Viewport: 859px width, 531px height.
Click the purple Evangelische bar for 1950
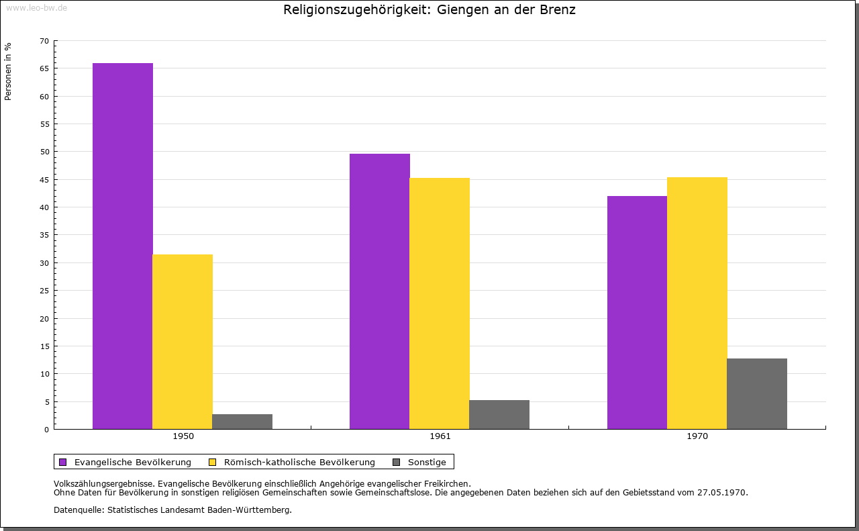pyautogui.click(x=123, y=246)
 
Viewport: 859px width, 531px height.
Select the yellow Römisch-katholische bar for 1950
pyautogui.click(x=183, y=341)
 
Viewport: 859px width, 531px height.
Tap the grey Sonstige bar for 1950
pyautogui.click(x=242, y=422)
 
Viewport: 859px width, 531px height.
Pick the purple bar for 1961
pyautogui.click(x=380, y=291)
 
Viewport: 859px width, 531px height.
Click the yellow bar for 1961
pyautogui.click(x=440, y=303)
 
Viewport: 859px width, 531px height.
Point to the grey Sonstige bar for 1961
pyautogui.click(x=499, y=414)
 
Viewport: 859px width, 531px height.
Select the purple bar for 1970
pyautogui.click(x=637, y=312)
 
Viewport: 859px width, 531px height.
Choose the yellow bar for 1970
pyautogui.click(x=697, y=303)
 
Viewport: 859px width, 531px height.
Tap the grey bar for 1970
pyautogui.click(x=757, y=393)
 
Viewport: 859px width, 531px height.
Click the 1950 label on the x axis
pyautogui.click(x=183, y=436)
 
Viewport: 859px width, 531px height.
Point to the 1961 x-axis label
pyautogui.click(x=440, y=436)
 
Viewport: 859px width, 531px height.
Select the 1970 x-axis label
pyautogui.click(x=697, y=436)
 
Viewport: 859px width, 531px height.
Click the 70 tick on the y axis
pyautogui.click(x=44, y=41)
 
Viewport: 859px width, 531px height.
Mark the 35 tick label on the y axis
pyautogui.click(x=44, y=235)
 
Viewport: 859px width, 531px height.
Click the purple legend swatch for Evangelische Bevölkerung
pyautogui.click(x=63, y=462)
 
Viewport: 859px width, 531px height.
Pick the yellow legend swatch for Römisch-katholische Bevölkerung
pyautogui.click(x=213, y=462)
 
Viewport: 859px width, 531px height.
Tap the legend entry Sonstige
pyautogui.click(x=427, y=462)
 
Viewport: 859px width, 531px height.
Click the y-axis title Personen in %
pyautogui.click(x=8, y=71)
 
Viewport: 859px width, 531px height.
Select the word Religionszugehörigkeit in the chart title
pyautogui.click(x=357, y=10)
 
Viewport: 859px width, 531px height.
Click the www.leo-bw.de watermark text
pyautogui.click(x=36, y=8)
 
